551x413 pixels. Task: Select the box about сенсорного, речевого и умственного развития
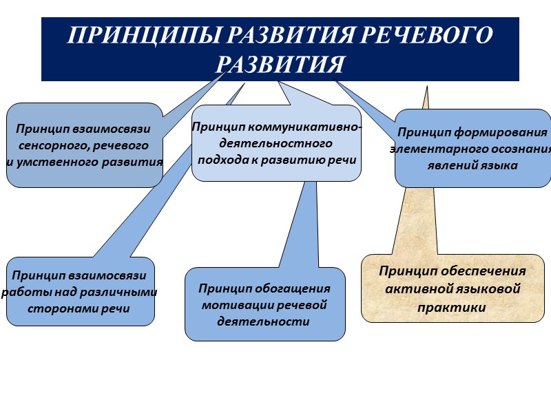pyautogui.click(x=84, y=145)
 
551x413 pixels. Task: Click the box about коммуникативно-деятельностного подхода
pyautogui.click(x=276, y=143)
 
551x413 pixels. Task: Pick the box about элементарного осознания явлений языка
pyautogui.click(x=472, y=148)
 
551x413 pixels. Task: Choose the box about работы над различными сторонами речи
pyautogui.click(x=80, y=292)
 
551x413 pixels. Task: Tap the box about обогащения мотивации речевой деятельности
pyautogui.click(x=264, y=304)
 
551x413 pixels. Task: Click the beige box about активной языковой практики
pyautogui.click(x=452, y=289)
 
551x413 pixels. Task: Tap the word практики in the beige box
pyautogui.click(x=452, y=307)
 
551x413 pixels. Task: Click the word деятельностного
pyautogui.click(x=275, y=144)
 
